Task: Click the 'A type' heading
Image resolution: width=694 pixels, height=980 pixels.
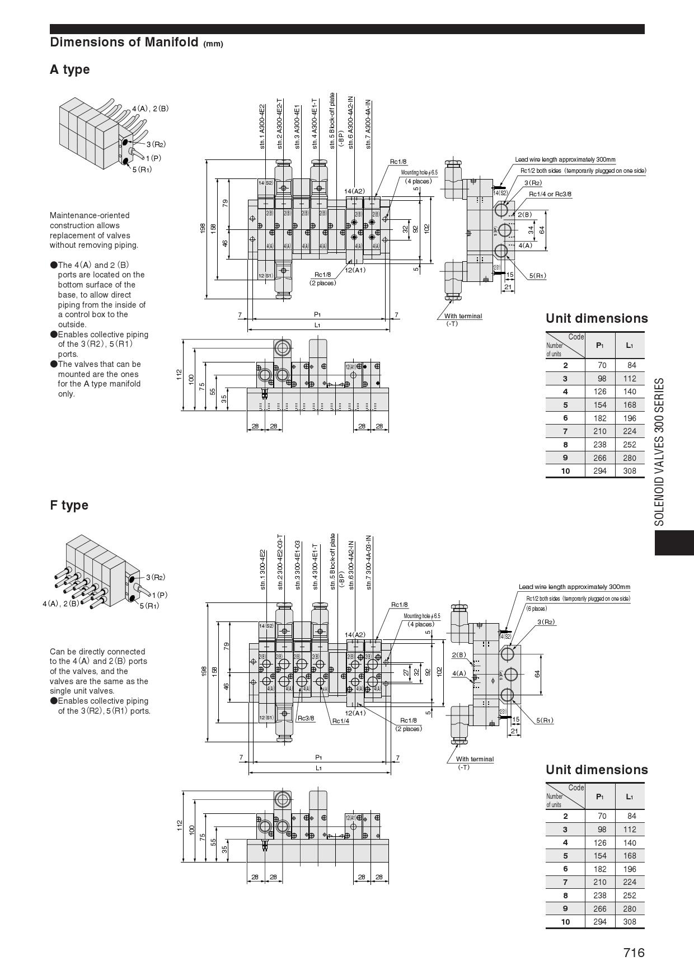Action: pos(69,70)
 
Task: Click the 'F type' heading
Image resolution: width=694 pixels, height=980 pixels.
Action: pos(69,505)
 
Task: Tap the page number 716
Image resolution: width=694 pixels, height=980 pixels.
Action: pos(634,953)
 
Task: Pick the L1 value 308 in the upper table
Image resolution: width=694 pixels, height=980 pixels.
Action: pos(630,471)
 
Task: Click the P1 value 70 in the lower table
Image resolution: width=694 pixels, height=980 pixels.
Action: pos(599,816)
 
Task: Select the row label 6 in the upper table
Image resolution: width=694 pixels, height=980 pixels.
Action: pos(565,418)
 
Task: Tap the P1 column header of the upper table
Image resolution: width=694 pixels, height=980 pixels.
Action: pos(599,345)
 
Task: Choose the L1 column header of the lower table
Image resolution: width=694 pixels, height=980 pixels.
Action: pos(630,797)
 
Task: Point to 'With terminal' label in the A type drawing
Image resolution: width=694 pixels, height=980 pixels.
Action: pos(463,316)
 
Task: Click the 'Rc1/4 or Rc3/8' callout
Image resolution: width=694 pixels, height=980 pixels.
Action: pos(550,194)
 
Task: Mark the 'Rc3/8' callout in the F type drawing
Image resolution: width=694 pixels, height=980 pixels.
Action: pos(306,718)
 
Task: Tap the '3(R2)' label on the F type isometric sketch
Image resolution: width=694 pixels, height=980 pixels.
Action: pos(156,577)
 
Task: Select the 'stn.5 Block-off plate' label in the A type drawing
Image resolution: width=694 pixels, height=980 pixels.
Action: pos(332,120)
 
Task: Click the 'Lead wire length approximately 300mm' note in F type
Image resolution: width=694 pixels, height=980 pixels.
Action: pos(574,587)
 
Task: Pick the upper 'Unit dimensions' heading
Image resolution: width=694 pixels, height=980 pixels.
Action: pos(597,318)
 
